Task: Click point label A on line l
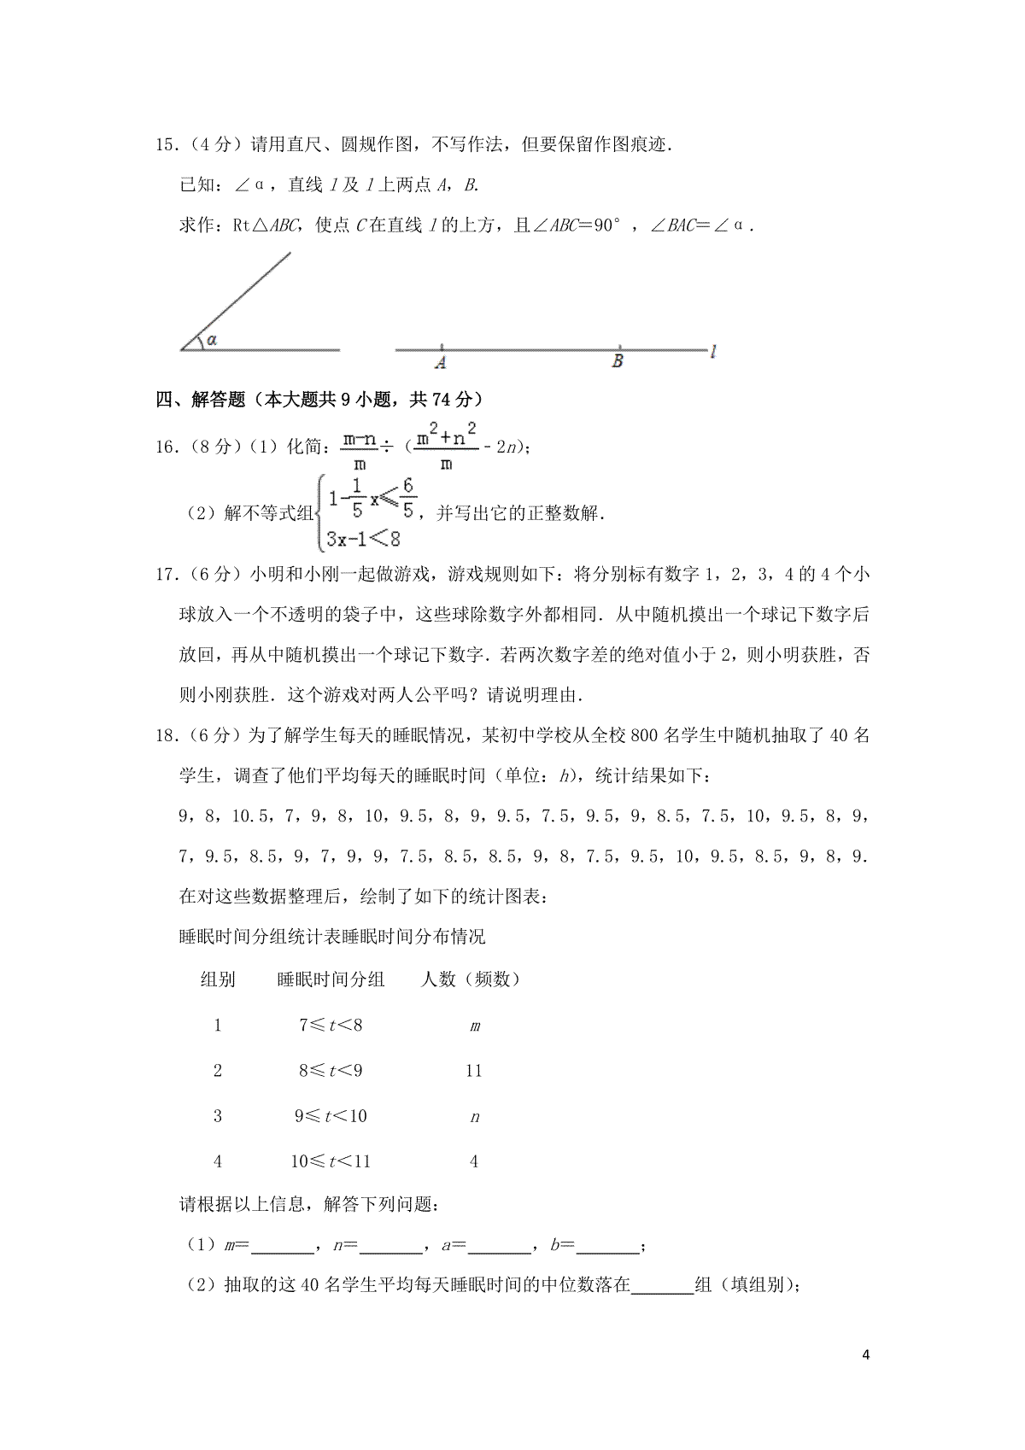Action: point(441,363)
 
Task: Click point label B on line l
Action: point(618,362)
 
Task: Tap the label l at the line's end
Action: point(713,350)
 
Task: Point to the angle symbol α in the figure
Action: point(211,340)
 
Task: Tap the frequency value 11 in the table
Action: point(474,1071)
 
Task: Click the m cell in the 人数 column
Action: point(475,1026)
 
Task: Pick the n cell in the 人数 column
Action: point(475,1117)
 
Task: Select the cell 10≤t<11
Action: point(331,1161)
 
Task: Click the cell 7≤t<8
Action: point(331,1026)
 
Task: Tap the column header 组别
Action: point(218,979)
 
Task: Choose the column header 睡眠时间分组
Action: point(331,979)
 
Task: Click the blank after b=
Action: point(607,1248)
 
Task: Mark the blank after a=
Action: point(500,1248)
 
